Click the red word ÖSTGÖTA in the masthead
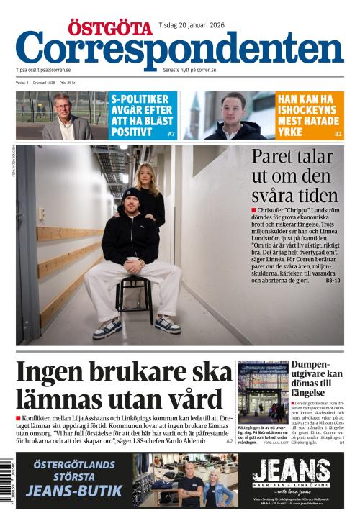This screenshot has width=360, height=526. (x=111, y=28)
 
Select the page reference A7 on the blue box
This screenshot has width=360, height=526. (x=171, y=134)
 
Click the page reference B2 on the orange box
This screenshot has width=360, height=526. (x=338, y=134)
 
